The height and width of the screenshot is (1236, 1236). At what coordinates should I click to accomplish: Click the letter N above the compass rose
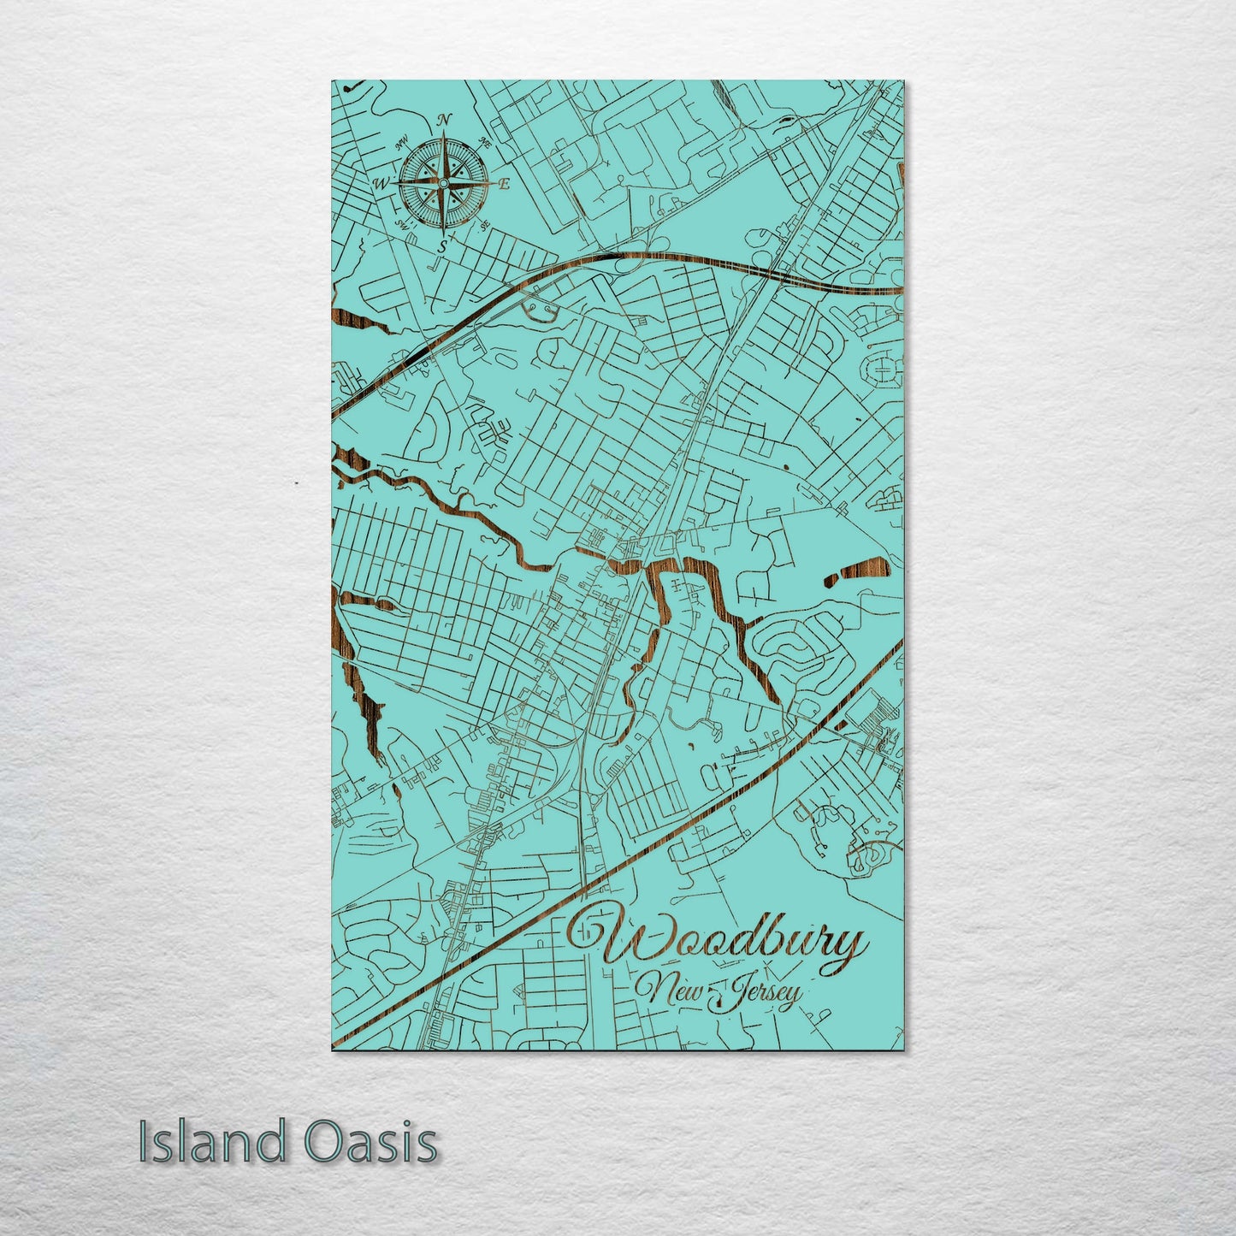point(444,121)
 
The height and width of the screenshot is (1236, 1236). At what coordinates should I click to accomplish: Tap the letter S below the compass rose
point(443,245)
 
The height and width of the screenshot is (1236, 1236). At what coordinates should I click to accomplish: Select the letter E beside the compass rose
point(505,183)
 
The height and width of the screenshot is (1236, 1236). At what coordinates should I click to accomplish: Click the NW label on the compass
point(400,145)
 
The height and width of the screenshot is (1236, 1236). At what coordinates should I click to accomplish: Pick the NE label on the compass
point(486,143)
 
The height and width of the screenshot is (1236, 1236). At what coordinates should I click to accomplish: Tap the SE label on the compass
point(483,226)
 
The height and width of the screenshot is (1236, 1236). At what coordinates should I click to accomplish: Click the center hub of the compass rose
point(443,182)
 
